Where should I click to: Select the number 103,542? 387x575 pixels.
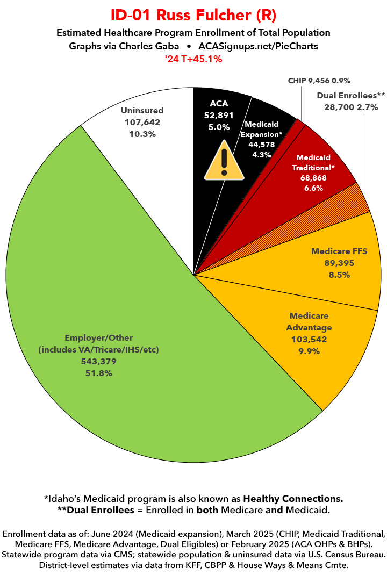(309, 340)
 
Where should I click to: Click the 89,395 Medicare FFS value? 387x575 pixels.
(331, 263)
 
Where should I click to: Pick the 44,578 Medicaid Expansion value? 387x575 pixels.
(262, 144)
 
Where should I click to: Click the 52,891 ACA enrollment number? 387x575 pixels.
(219, 116)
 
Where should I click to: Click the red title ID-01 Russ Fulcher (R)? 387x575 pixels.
(193, 15)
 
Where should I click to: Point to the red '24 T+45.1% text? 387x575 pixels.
(193, 59)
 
